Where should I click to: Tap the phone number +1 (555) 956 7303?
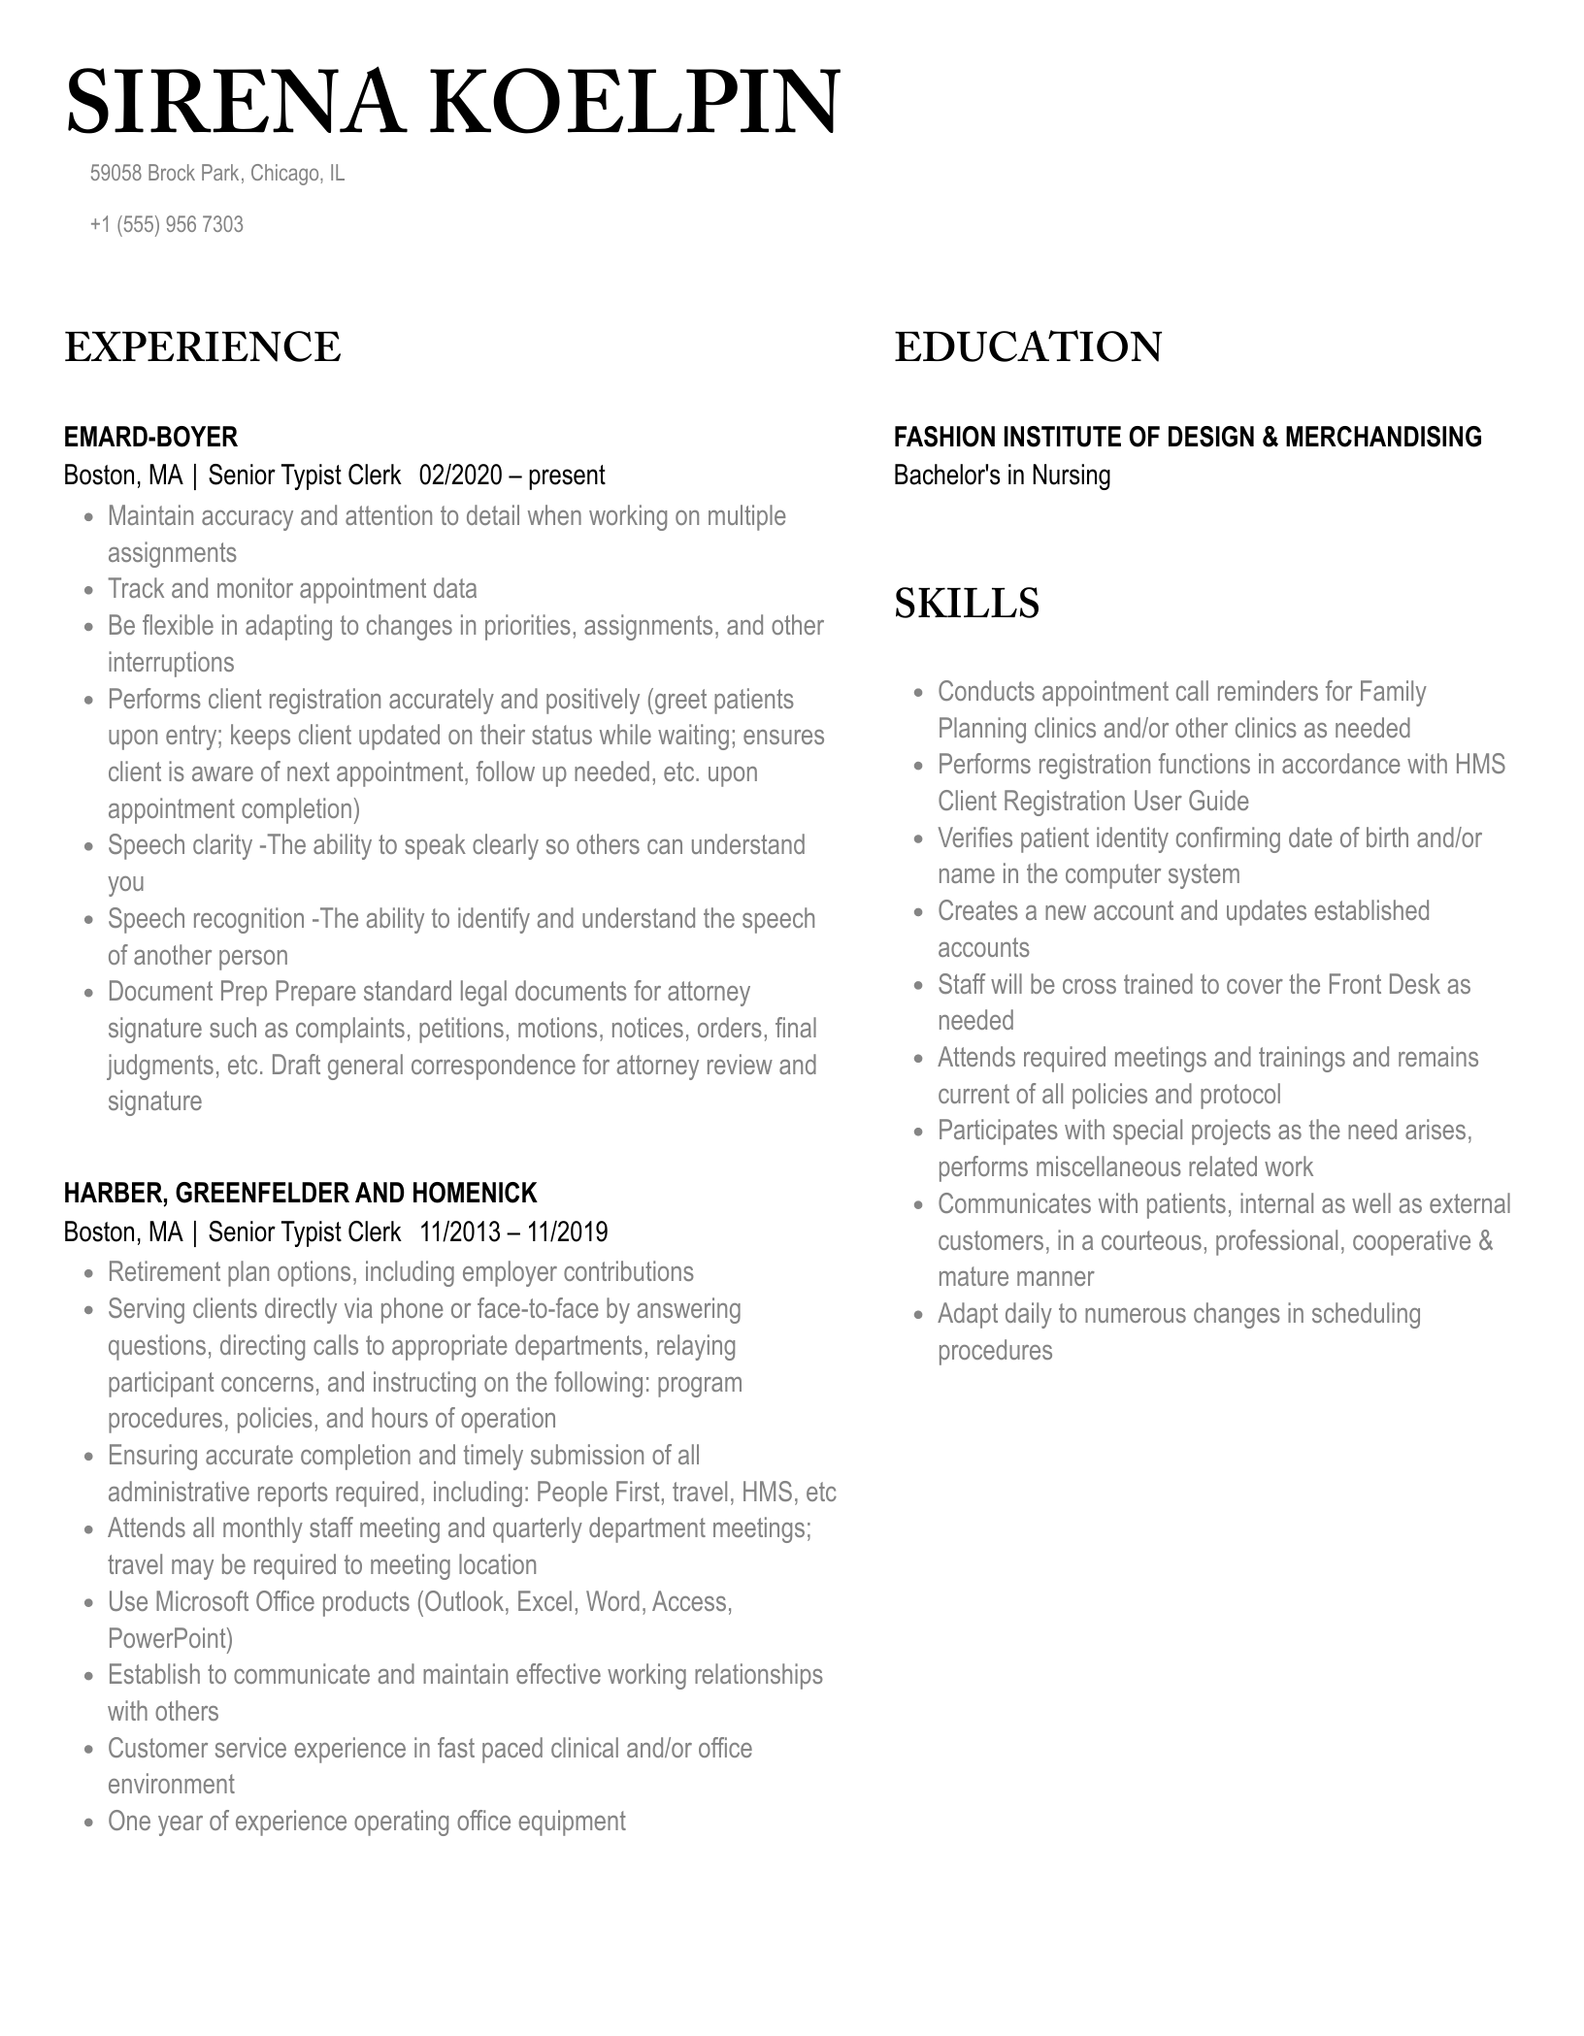[x=166, y=225]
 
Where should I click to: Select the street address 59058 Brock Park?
[x=165, y=174]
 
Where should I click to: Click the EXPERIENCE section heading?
[x=203, y=347]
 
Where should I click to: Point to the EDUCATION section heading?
[x=1028, y=347]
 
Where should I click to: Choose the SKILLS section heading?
[x=966, y=604]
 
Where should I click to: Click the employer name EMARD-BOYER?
[x=150, y=437]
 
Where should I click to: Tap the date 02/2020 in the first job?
[x=461, y=476]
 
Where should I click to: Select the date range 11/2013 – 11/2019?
[x=513, y=1232]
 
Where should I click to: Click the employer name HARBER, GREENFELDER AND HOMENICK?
[x=300, y=1193]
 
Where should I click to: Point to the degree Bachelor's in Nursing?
[x=1002, y=476]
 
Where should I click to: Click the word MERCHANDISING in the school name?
[x=1383, y=437]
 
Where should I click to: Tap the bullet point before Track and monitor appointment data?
[x=88, y=591]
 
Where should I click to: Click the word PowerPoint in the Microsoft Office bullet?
[x=170, y=1639]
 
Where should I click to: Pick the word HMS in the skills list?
[x=1479, y=765]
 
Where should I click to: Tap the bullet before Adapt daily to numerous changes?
[x=918, y=1316]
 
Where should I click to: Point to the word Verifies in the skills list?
[x=974, y=838]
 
